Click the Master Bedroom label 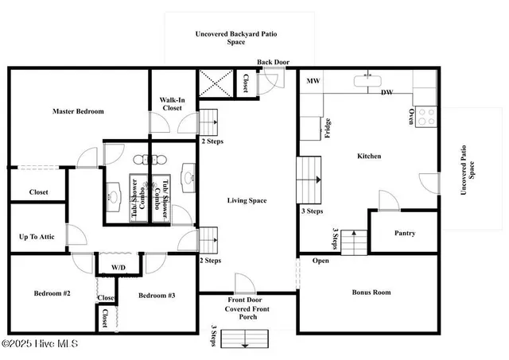[78, 111]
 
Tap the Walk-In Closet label [173, 104]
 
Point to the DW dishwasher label [387, 93]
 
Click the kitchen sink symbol [367, 79]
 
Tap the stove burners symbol [426, 117]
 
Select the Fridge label [327, 128]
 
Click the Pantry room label [404, 234]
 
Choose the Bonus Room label [371, 292]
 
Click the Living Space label [247, 200]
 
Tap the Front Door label [247, 300]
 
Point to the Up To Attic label [37, 236]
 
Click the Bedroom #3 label [157, 295]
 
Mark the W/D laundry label [119, 267]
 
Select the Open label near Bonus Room [321, 261]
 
